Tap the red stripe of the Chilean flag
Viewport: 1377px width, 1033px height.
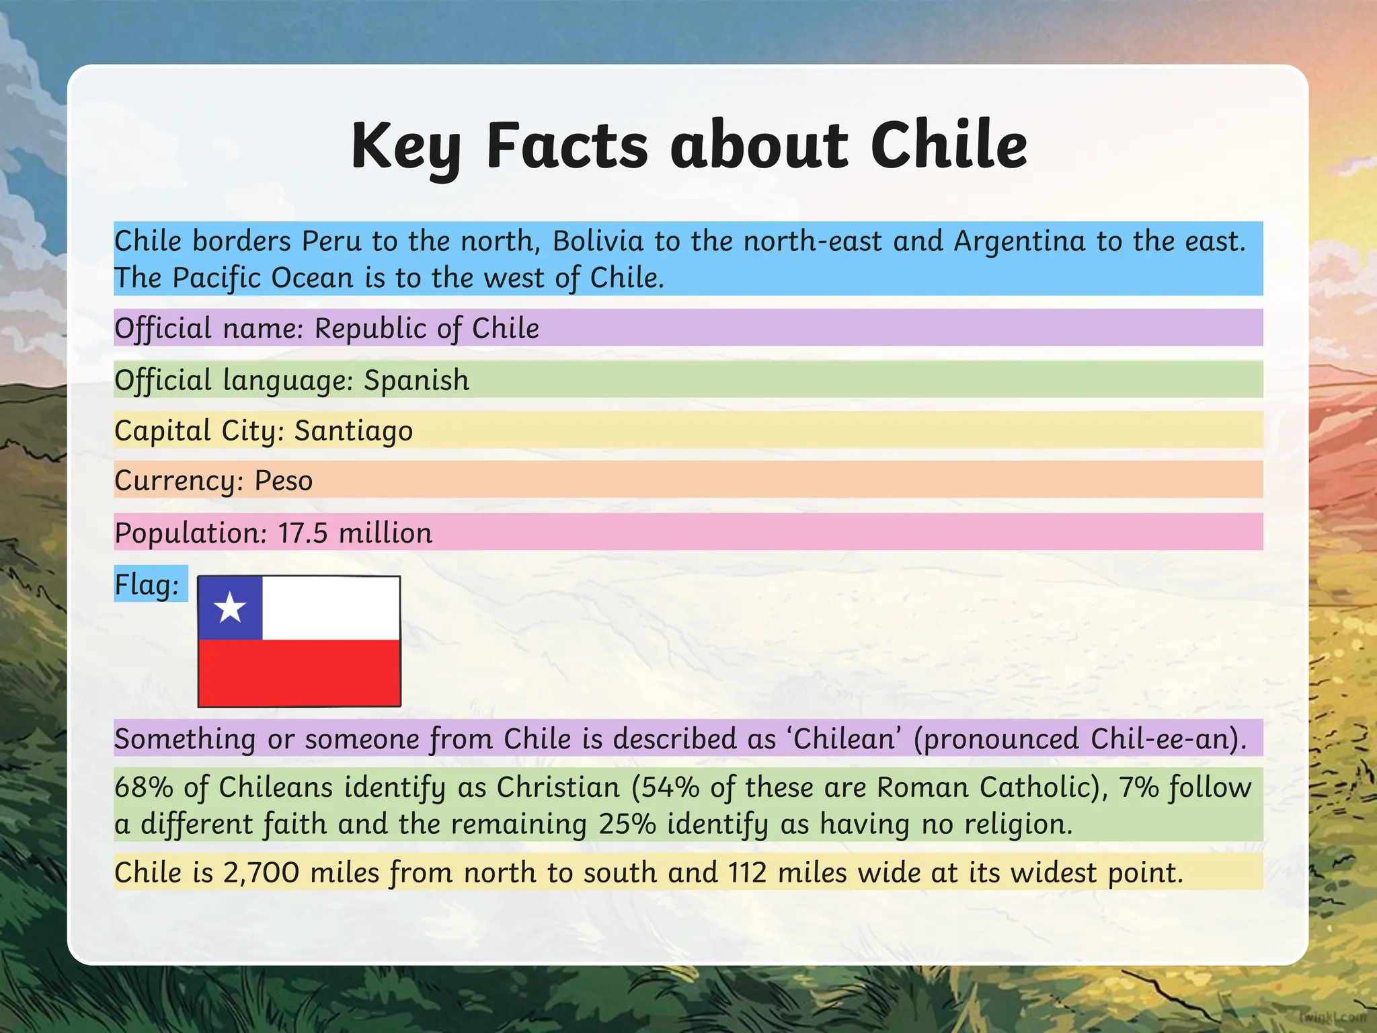pyautogui.click(x=299, y=672)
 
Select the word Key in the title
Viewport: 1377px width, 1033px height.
pyautogui.click(x=405, y=147)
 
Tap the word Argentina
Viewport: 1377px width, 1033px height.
pyautogui.click(x=1019, y=241)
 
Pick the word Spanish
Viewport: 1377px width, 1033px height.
pyautogui.click(x=416, y=380)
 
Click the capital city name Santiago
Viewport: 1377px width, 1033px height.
pyautogui.click(x=354, y=430)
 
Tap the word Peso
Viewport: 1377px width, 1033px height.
pyautogui.click(x=284, y=481)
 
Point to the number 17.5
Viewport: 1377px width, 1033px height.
pyautogui.click(x=303, y=533)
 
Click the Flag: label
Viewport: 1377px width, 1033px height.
pyautogui.click(x=147, y=584)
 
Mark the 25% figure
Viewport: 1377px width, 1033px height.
pyautogui.click(x=627, y=824)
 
